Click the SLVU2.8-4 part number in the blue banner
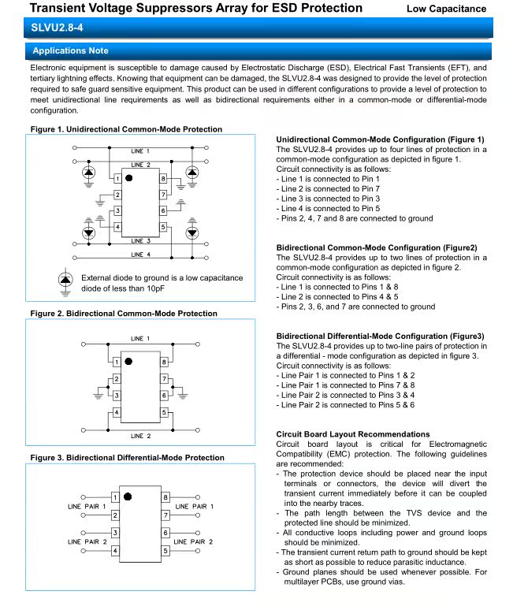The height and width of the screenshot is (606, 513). pyautogui.click(x=58, y=28)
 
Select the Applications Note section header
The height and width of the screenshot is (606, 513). pyautogui.click(x=71, y=50)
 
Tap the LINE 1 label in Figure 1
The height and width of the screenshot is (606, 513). pyautogui.click(x=141, y=150)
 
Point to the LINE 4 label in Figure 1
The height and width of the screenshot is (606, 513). pyautogui.click(x=141, y=255)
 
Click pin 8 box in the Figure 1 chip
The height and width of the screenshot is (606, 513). pyautogui.click(x=163, y=179)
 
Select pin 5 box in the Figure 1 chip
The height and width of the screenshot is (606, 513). pyautogui.click(x=163, y=227)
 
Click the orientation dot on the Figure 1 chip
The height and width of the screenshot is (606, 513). pyautogui.click(x=128, y=179)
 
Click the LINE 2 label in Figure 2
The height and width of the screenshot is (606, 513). pyautogui.click(x=141, y=435)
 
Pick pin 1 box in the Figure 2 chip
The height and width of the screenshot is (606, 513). pyautogui.click(x=117, y=362)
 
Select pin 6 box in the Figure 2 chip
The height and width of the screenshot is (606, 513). pyautogui.click(x=163, y=396)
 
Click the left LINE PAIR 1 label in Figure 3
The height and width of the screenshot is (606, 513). pyautogui.click(x=86, y=505)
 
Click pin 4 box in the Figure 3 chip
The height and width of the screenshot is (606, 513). pyautogui.click(x=117, y=551)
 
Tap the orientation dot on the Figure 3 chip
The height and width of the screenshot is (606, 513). pyautogui.click(x=128, y=497)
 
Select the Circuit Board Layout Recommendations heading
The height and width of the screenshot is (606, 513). pyautogui.click(x=353, y=434)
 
